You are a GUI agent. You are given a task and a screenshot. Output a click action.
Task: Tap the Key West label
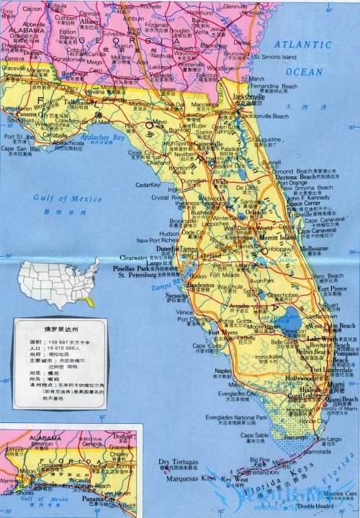[235, 478]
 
